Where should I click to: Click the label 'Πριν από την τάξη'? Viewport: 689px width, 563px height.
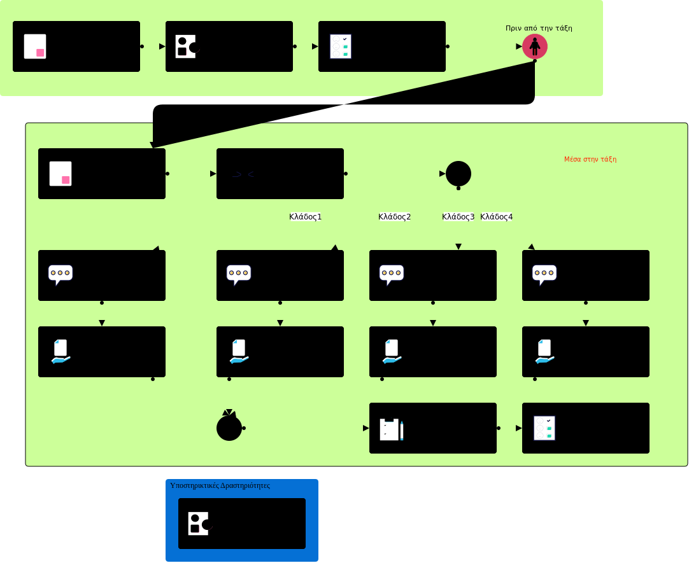tap(539, 28)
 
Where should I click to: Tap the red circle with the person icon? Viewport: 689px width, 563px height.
tap(535, 46)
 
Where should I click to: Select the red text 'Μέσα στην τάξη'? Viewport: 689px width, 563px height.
tap(590, 159)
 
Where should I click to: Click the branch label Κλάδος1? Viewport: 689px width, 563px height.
tap(306, 216)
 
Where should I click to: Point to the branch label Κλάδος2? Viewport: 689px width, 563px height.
tap(395, 216)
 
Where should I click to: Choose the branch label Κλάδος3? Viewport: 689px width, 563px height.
tap(458, 216)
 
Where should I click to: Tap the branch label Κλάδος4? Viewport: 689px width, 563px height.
tap(497, 216)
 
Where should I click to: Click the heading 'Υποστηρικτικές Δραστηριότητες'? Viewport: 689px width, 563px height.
tap(220, 485)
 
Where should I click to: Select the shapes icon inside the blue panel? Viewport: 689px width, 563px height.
tap(199, 524)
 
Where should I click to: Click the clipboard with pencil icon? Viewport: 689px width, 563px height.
tap(392, 429)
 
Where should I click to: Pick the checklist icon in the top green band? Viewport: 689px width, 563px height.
tap(341, 46)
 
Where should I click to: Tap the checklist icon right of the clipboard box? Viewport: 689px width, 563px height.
tap(544, 428)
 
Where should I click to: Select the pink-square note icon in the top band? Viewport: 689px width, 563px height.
tap(35, 46)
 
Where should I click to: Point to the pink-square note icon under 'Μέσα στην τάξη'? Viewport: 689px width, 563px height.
tap(60, 174)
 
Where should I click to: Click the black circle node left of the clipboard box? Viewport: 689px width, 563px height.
tap(229, 428)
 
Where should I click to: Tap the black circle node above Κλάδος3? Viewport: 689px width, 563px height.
tap(458, 174)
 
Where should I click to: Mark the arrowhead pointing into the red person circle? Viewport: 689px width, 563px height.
tap(519, 46)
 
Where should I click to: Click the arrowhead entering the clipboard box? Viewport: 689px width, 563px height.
tap(366, 428)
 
